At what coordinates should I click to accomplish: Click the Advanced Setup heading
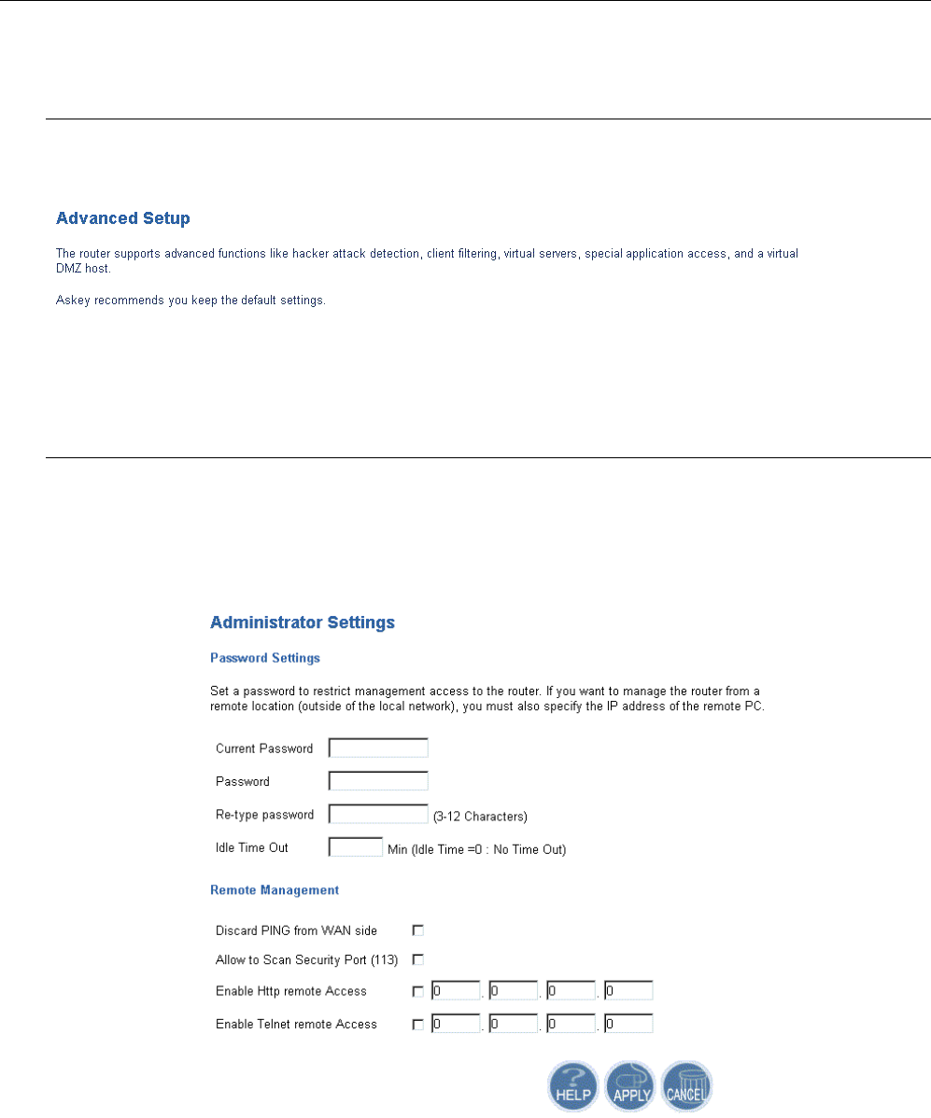(x=123, y=219)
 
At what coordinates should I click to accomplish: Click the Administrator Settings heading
(x=303, y=622)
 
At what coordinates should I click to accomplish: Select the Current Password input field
(x=378, y=748)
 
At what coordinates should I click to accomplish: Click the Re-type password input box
(x=378, y=815)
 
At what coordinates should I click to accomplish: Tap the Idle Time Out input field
(x=355, y=848)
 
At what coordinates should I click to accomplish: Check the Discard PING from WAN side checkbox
(x=418, y=930)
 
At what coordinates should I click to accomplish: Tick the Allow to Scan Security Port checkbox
(x=418, y=959)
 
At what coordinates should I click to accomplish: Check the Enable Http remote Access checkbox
(x=418, y=991)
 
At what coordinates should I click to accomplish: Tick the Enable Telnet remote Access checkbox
(x=418, y=1025)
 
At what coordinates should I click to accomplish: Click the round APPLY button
(x=630, y=1086)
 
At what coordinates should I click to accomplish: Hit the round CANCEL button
(x=686, y=1086)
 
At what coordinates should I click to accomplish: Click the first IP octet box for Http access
(x=455, y=991)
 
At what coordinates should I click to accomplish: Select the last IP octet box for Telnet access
(x=628, y=1025)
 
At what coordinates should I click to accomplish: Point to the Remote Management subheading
(x=275, y=890)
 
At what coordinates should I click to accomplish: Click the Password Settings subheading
(x=265, y=658)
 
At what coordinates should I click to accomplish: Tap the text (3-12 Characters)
(x=480, y=817)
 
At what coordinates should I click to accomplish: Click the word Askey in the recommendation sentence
(x=71, y=302)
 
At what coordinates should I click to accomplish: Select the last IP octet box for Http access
(x=628, y=991)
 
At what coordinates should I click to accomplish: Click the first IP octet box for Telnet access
(x=455, y=1025)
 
